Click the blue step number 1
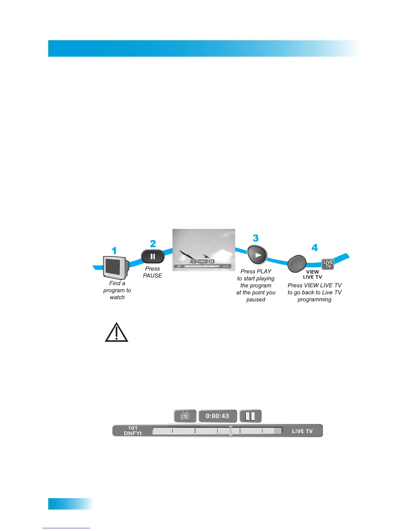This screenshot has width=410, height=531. click(x=114, y=251)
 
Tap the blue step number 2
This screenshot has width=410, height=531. click(x=153, y=244)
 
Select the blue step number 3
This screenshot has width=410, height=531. click(x=256, y=238)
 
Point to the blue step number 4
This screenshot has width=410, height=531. click(x=315, y=248)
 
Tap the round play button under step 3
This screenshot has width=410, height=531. click(x=257, y=255)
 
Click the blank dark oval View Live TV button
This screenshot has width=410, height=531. click(x=297, y=264)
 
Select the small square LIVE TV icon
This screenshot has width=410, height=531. click(x=328, y=264)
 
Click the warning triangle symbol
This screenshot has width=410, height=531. click(x=117, y=333)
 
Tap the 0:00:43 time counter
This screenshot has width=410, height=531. click(x=217, y=416)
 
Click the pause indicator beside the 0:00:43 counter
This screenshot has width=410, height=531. click(x=250, y=416)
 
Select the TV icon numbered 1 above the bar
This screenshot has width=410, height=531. click(x=185, y=416)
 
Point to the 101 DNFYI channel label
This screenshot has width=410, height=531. click(x=133, y=431)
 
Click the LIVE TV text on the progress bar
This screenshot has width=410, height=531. click(x=302, y=431)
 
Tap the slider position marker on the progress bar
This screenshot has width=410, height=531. click(x=230, y=431)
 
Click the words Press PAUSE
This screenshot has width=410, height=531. click(x=152, y=272)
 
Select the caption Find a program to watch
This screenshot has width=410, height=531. click(x=117, y=290)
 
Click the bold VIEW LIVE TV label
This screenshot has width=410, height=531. click(x=313, y=275)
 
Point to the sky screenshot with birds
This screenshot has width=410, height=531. click(x=204, y=250)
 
